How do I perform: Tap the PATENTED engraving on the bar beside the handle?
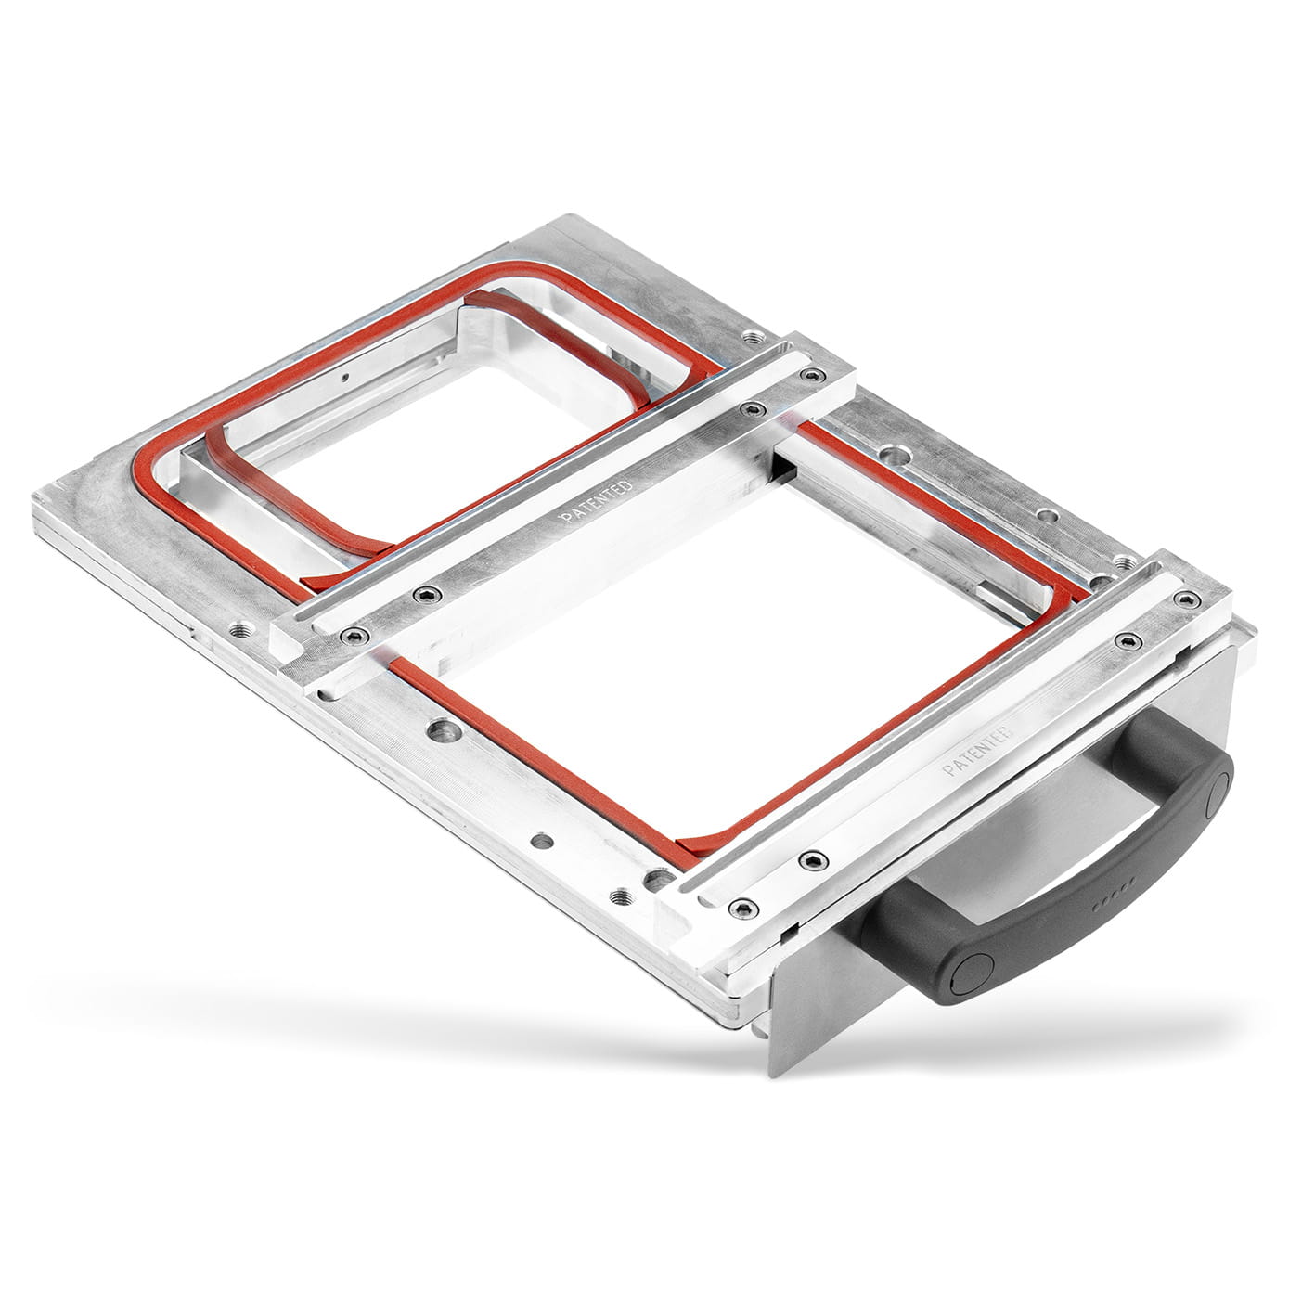[x=977, y=751]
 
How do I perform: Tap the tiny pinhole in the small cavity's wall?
[x=345, y=378]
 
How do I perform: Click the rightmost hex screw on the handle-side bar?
[x=1186, y=598]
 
